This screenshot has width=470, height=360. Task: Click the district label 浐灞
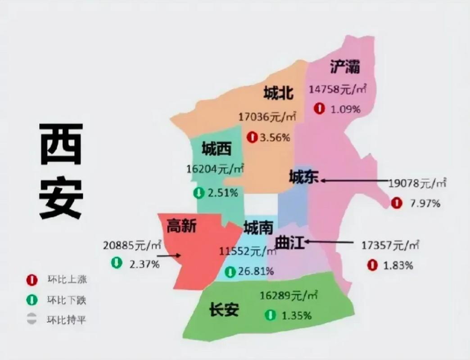[x=345, y=67]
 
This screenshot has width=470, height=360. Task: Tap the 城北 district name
[x=278, y=93]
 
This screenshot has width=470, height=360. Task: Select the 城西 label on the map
[x=217, y=148]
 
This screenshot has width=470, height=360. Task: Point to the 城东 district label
[x=303, y=177]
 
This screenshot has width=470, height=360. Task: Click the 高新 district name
[x=181, y=225]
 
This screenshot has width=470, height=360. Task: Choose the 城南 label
[x=258, y=228]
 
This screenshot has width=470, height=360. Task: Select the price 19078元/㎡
[x=417, y=184]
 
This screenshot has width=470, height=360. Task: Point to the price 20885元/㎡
[x=132, y=246]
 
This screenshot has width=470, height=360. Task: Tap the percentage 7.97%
[x=425, y=203]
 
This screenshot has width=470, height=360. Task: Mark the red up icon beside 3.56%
[x=252, y=137]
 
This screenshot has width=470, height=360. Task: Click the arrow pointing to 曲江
[x=329, y=243]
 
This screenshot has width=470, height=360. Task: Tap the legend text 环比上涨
[x=67, y=279]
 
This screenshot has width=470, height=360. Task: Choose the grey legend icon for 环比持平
[x=32, y=320]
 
